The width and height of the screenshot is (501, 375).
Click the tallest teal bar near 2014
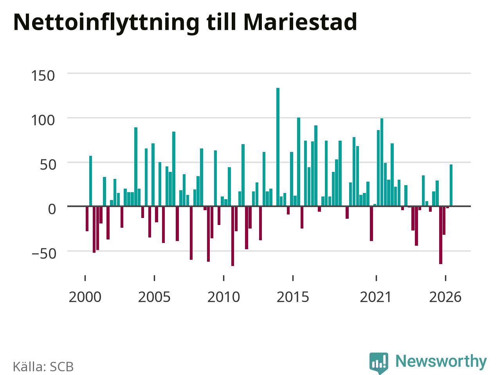[x=278, y=147]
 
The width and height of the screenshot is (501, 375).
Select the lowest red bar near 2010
[x=232, y=236]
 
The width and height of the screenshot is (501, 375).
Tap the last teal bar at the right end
[x=451, y=185]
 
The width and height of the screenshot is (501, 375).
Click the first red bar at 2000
[x=87, y=219]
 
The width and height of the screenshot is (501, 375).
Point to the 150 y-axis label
[x=43, y=76]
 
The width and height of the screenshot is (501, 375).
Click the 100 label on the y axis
[x=43, y=120]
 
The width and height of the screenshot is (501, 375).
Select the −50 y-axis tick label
[x=44, y=254]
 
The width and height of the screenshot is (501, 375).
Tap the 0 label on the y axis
[x=52, y=209]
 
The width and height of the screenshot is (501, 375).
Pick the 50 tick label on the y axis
[x=48, y=165]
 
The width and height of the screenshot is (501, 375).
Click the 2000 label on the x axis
[x=85, y=297]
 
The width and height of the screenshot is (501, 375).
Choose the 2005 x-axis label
[x=154, y=297]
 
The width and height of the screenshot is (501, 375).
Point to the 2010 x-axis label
[x=223, y=297]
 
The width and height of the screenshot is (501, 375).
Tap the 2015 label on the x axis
[x=293, y=297]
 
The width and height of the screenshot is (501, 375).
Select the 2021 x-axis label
[x=376, y=297]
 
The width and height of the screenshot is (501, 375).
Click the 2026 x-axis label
[x=445, y=297]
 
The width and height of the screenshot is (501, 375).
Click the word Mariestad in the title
[x=300, y=22]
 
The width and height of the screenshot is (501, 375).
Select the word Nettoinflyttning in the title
[x=106, y=23]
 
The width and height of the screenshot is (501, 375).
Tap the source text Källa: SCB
[x=43, y=366]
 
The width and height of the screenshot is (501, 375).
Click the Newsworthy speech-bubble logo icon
[x=379, y=363]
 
